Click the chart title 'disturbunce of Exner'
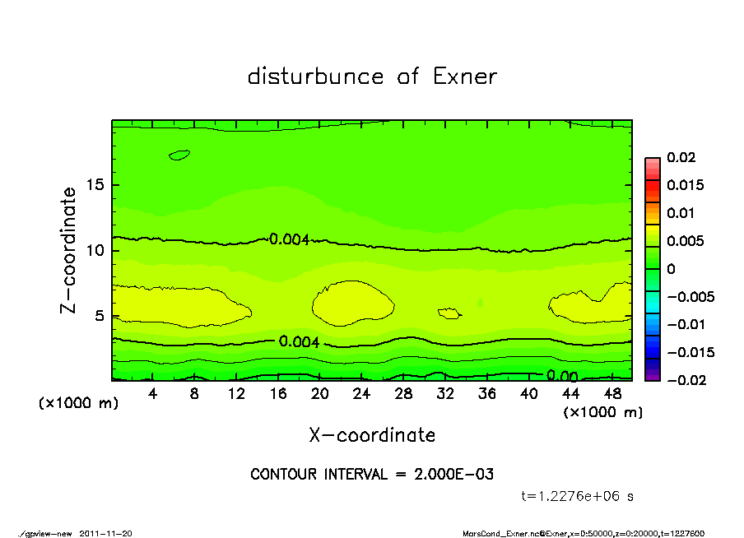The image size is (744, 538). pos(372,77)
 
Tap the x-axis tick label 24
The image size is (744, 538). pos(361,394)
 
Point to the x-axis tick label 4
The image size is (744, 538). pos(152,394)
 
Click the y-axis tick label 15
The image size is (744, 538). pos(96,185)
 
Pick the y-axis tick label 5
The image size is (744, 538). pos(100,316)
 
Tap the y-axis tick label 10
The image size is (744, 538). pos(96,250)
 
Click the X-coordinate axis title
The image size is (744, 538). pos(372,434)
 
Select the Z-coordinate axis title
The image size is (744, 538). pos(69,250)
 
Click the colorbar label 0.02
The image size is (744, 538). pos(681,157)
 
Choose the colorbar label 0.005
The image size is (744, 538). pos(685,241)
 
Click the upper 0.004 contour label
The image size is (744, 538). pos(289,239)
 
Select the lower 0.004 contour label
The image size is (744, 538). pos(300,342)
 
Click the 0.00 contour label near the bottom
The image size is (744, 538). pos(561,377)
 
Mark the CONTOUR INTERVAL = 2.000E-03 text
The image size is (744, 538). pos(372,475)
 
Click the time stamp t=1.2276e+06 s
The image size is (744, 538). pos(578,496)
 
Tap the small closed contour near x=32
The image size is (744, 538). pos(449,313)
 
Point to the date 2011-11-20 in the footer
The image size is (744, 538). pos(106,533)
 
